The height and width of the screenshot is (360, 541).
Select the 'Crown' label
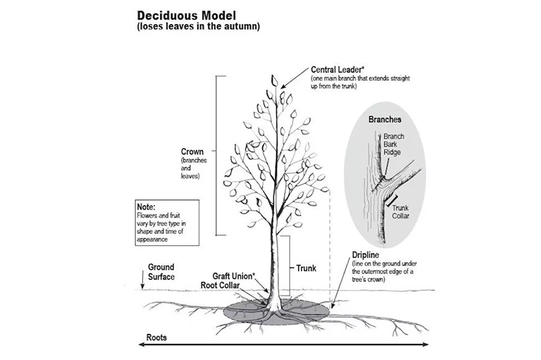tap(192, 151)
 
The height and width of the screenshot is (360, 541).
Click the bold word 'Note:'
tap(147, 207)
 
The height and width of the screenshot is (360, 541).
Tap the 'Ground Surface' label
tap(161, 272)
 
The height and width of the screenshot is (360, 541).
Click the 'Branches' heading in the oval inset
tap(385, 120)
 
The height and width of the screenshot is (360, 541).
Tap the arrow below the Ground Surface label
tap(144, 284)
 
